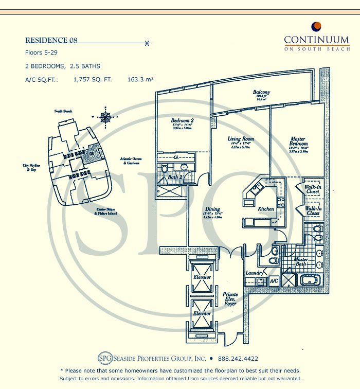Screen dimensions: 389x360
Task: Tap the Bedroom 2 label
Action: (x=182, y=121)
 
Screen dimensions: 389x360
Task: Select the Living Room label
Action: (x=241, y=139)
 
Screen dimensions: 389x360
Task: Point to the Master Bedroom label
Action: (x=298, y=141)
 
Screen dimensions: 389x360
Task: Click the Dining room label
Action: (x=212, y=209)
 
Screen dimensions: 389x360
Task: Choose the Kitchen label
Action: (x=266, y=209)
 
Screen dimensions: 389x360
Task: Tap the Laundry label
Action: (x=255, y=273)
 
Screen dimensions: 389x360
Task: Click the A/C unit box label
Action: (x=274, y=281)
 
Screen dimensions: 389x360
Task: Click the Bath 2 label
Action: (x=175, y=177)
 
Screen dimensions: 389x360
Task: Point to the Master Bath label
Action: (x=301, y=261)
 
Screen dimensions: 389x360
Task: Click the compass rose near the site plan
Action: (x=105, y=117)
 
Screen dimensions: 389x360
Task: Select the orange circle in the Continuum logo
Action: (x=317, y=26)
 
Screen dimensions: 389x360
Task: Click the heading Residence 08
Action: (x=51, y=40)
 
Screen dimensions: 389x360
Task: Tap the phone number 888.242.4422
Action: (x=237, y=359)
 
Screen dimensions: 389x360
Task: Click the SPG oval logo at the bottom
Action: (x=104, y=359)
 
